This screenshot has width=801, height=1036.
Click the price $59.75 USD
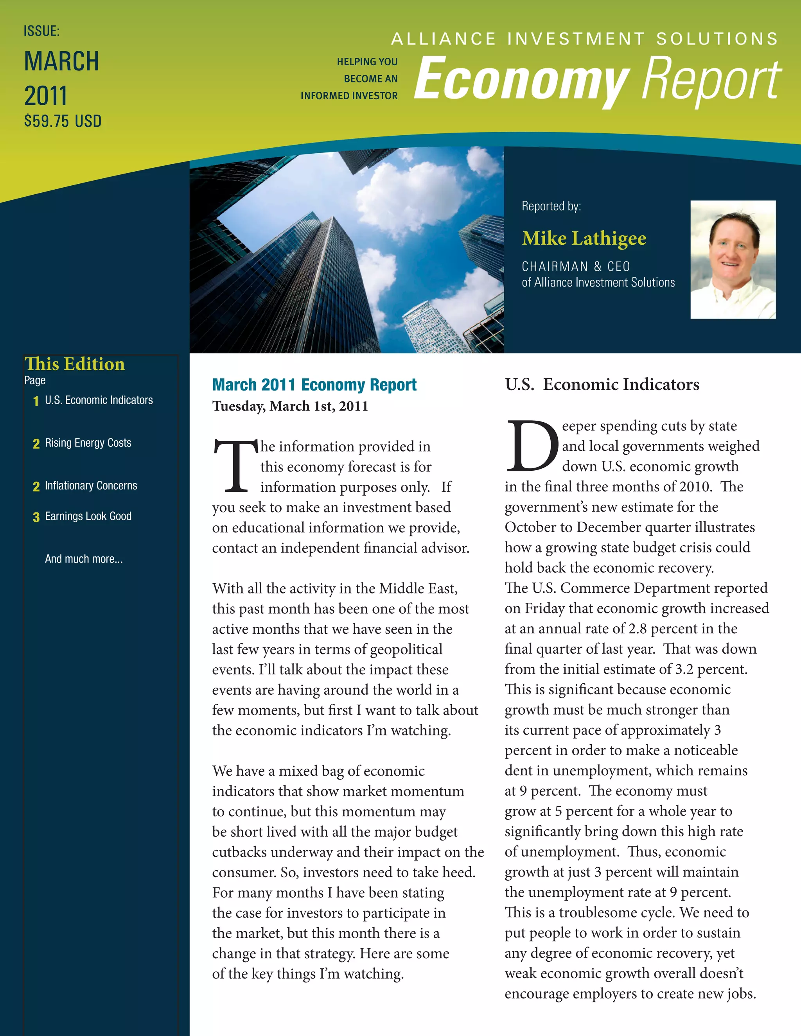coord(63,122)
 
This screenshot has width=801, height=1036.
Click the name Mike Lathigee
coord(584,238)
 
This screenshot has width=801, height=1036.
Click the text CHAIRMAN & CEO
coord(576,267)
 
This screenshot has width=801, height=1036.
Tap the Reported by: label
coord(551,206)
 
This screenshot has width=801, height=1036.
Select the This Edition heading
coord(74,364)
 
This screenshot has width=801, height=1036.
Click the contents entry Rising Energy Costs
coord(88,443)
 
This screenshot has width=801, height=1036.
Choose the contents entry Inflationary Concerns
coord(91,486)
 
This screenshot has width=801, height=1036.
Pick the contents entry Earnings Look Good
coord(88,516)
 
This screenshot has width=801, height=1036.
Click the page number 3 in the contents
coord(36,517)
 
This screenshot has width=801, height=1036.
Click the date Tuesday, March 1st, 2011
coord(290,407)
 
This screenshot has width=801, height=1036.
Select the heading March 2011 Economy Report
coord(314,385)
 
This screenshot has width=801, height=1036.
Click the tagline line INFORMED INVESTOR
coord(349,96)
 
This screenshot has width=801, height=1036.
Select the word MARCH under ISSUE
coord(62,62)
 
